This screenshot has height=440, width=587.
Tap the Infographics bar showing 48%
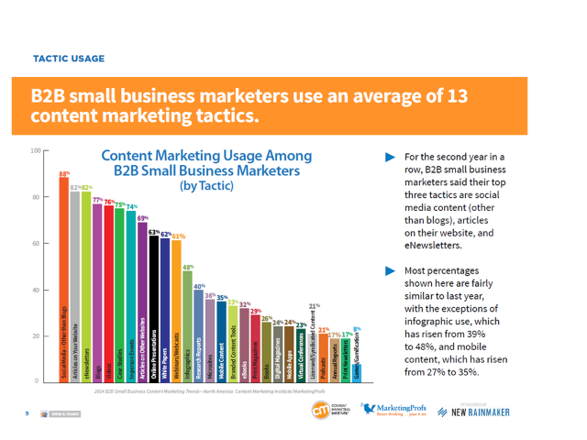(188, 324)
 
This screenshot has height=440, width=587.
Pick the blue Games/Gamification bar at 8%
(357, 370)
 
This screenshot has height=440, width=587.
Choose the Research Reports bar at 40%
(199, 335)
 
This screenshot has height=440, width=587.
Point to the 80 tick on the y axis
(36, 197)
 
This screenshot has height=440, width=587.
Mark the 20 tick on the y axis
(36, 335)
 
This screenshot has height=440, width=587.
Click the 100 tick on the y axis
(34, 150)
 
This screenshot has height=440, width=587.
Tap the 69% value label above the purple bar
(143, 217)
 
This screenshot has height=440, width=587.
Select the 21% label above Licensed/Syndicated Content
(315, 306)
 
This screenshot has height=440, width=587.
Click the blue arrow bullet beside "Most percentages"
(387, 271)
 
